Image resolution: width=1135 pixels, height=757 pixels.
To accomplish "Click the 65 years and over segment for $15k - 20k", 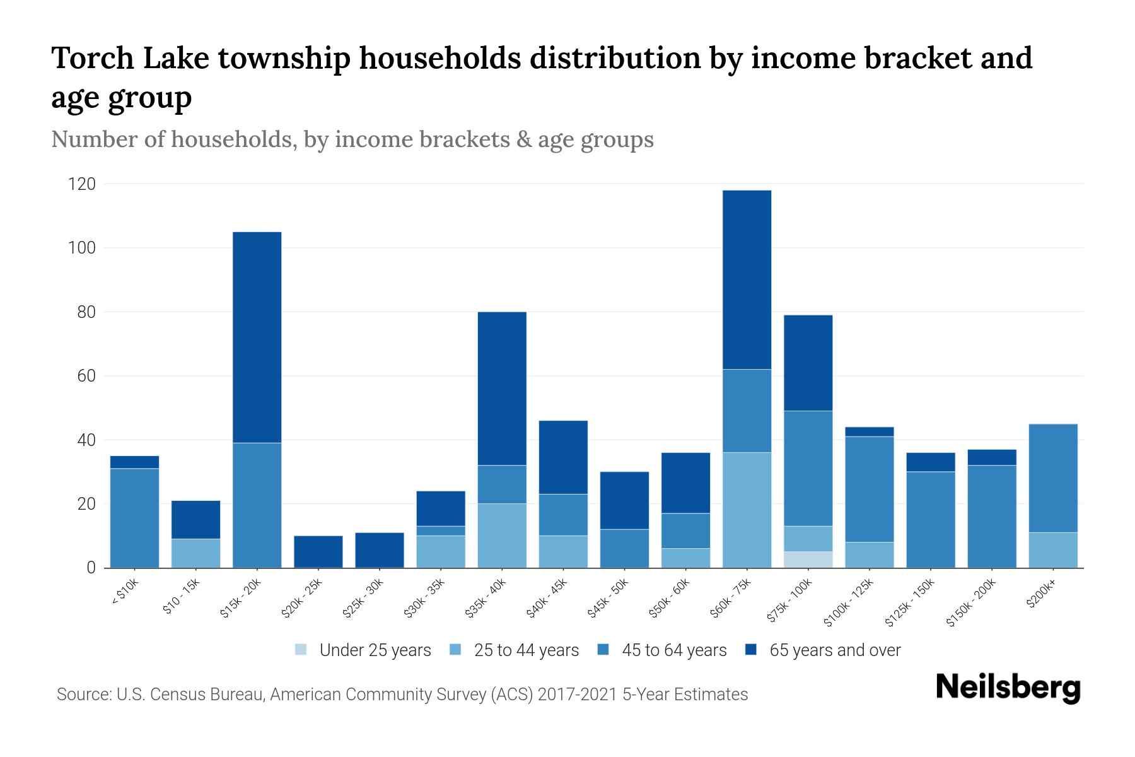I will (x=257, y=337).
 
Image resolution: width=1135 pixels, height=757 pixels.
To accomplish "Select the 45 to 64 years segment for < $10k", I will (x=134, y=518).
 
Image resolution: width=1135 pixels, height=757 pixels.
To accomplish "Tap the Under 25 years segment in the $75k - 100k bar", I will (x=808, y=560).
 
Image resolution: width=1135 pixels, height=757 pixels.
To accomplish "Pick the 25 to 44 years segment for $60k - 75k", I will (x=747, y=510).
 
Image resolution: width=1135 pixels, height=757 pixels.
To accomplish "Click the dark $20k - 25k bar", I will (x=318, y=551).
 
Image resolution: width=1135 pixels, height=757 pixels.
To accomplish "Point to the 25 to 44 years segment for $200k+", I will (x=1053, y=550).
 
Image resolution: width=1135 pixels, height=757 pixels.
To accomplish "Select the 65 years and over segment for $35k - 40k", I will (x=502, y=389).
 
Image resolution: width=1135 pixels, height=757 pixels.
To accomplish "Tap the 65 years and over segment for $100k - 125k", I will (x=870, y=431).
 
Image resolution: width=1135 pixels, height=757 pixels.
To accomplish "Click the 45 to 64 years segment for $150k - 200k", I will (x=992, y=516).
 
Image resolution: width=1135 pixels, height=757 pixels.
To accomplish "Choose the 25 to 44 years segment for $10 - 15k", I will (x=196, y=553).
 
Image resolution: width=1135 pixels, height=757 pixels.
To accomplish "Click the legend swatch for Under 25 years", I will (x=301, y=650).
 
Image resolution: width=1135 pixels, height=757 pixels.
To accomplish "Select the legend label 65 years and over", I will (x=835, y=650).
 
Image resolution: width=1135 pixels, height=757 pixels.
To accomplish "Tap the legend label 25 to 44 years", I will (x=526, y=650).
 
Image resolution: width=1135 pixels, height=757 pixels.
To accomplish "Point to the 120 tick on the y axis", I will (x=83, y=184).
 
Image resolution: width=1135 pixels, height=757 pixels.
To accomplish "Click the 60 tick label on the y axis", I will (x=86, y=376).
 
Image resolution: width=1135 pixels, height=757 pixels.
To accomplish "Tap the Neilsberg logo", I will (x=1008, y=688).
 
